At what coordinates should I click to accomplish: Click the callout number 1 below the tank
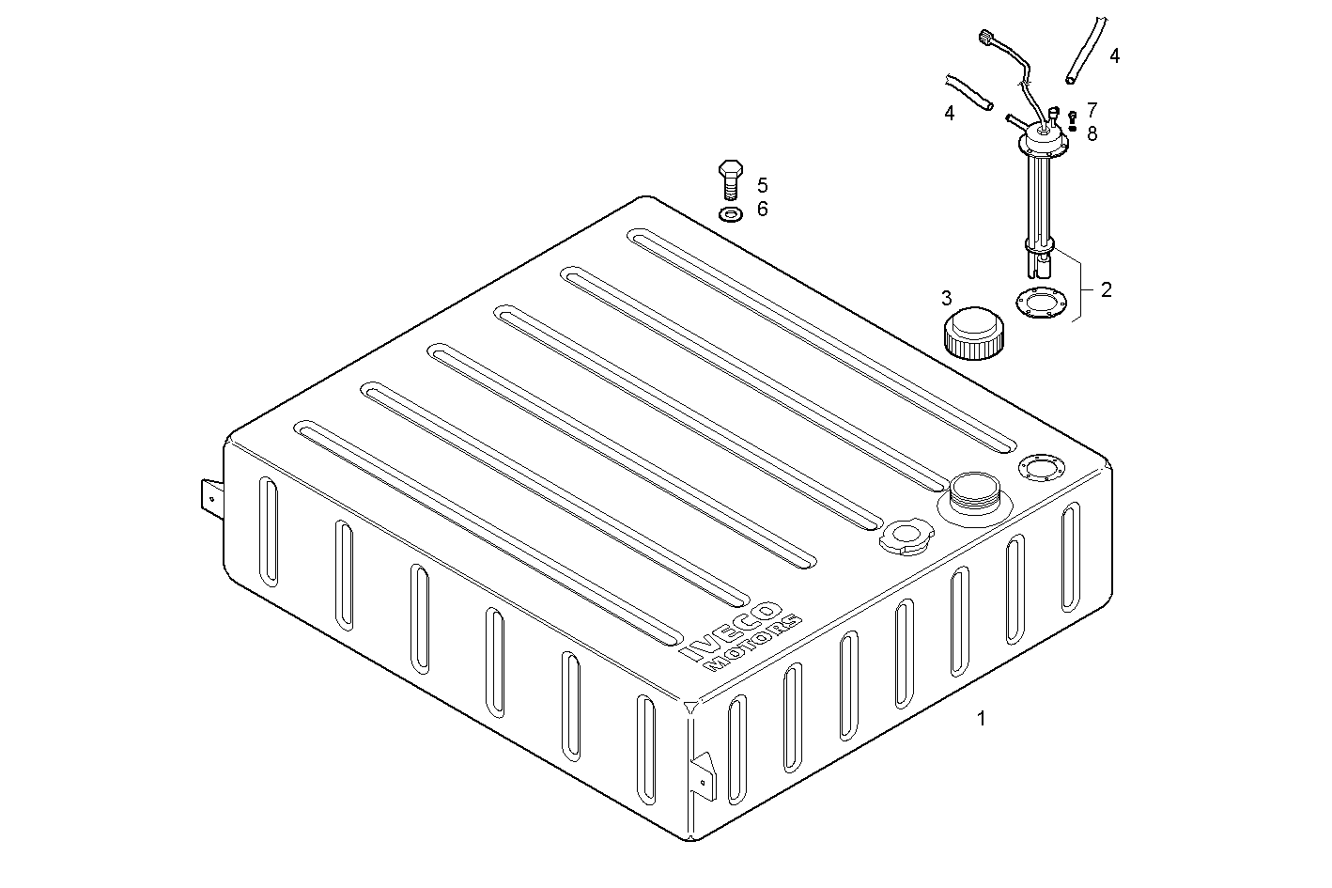pos(982,719)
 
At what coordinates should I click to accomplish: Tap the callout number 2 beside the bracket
pos(1106,290)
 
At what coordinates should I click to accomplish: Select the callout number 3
pos(946,299)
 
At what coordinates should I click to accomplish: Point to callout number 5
pos(762,185)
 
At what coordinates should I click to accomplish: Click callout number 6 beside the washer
pos(762,209)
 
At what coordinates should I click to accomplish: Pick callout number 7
pos(1092,110)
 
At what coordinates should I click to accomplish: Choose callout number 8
pos(1092,133)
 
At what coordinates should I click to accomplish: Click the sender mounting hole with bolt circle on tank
pos(1038,466)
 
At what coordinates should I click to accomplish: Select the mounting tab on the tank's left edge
pos(211,498)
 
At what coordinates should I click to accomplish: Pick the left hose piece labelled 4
pos(970,90)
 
